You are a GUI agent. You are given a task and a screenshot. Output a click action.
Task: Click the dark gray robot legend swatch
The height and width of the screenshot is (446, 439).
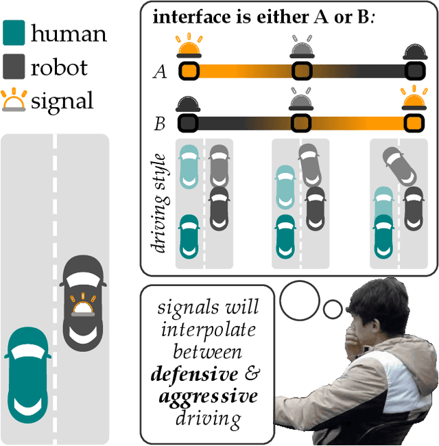pos(14,66)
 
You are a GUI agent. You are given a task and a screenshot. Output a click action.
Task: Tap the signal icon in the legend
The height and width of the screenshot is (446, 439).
pos(14,101)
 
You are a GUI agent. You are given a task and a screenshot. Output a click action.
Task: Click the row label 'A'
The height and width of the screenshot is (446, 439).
pos(161,71)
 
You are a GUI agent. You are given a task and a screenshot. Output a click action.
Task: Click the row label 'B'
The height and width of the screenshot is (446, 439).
pos(160,124)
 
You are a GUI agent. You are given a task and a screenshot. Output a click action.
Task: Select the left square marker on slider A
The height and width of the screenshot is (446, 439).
pos(189,71)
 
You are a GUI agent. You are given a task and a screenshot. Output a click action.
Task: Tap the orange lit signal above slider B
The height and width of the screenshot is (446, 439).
pos(414,102)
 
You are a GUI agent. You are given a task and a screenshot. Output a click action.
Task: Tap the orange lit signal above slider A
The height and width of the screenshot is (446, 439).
pos(189,49)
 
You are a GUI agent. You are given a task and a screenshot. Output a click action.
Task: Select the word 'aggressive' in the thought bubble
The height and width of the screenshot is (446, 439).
pos(208,397)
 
